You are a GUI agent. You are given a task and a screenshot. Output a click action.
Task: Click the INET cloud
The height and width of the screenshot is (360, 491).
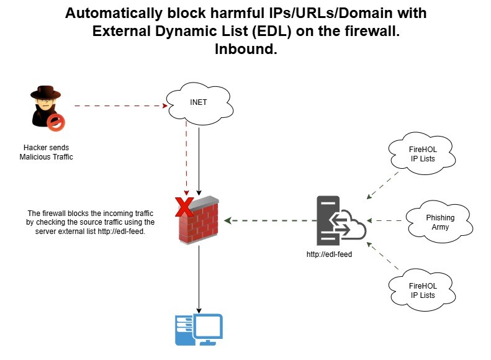(198, 102)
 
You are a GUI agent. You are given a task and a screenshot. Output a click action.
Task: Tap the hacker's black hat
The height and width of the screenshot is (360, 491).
(45, 93)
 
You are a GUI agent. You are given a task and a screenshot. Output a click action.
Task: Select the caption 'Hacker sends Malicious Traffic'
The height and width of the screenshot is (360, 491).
(47, 152)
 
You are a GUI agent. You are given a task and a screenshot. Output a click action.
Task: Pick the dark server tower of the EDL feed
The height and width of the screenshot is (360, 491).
(328, 221)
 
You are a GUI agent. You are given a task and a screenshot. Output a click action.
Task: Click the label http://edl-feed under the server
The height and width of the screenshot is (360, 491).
(330, 254)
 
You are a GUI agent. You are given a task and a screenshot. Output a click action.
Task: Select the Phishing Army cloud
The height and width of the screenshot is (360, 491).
(440, 222)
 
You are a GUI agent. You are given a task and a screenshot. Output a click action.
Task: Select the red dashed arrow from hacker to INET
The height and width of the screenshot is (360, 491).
(121, 106)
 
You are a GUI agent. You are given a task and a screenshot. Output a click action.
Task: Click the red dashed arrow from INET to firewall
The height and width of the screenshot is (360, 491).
(186, 155)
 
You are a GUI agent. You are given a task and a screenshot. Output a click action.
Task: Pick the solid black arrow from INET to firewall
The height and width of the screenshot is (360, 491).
(199, 158)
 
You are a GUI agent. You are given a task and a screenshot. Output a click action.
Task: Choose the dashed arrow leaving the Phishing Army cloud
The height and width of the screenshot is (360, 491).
(386, 221)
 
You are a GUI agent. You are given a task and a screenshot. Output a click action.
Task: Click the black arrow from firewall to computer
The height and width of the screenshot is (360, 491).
(199, 279)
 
